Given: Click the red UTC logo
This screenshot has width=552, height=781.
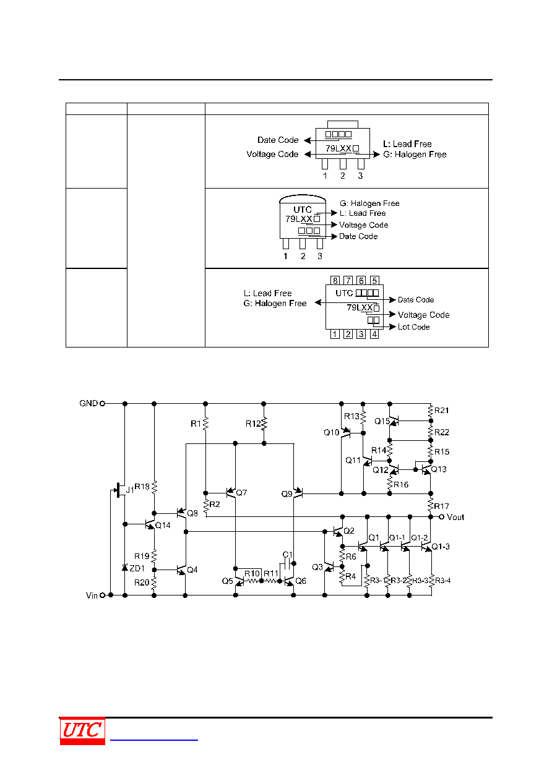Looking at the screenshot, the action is [x=82, y=731].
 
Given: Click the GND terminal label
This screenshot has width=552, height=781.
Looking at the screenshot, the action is [x=88, y=403].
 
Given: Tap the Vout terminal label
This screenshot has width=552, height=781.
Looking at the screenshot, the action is [x=455, y=517].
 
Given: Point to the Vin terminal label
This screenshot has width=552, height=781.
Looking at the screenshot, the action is [x=92, y=595].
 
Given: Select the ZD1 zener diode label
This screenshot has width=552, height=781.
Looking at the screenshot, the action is [x=137, y=568].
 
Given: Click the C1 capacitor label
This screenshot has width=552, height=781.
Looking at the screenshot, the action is [x=288, y=555].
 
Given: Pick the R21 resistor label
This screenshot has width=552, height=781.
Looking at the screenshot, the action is [x=441, y=411].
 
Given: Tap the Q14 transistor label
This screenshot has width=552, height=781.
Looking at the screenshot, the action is [x=163, y=525].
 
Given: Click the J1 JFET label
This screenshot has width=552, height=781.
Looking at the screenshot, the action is [x=129, y=490].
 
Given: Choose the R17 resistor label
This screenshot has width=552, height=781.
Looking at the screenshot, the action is [x=441, y=506].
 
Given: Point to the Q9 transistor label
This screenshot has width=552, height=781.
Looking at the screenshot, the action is [x=287, y=494].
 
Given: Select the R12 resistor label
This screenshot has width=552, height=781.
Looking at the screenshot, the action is [x=253, y=424].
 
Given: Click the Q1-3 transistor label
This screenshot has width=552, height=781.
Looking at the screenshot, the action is [x=441, y=547].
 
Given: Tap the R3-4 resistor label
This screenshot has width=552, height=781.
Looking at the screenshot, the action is [x=443, y=581].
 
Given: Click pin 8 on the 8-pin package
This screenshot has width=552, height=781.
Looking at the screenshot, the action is [x=335, y=280].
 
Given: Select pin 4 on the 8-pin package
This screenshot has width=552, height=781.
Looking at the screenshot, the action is [x=374, y=334].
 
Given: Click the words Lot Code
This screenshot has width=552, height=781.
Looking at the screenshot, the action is [x=413, y=326].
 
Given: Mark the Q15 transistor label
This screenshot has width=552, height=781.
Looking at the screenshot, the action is [x=382, y=421].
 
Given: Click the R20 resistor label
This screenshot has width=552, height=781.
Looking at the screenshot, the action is [x=142, y=583].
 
